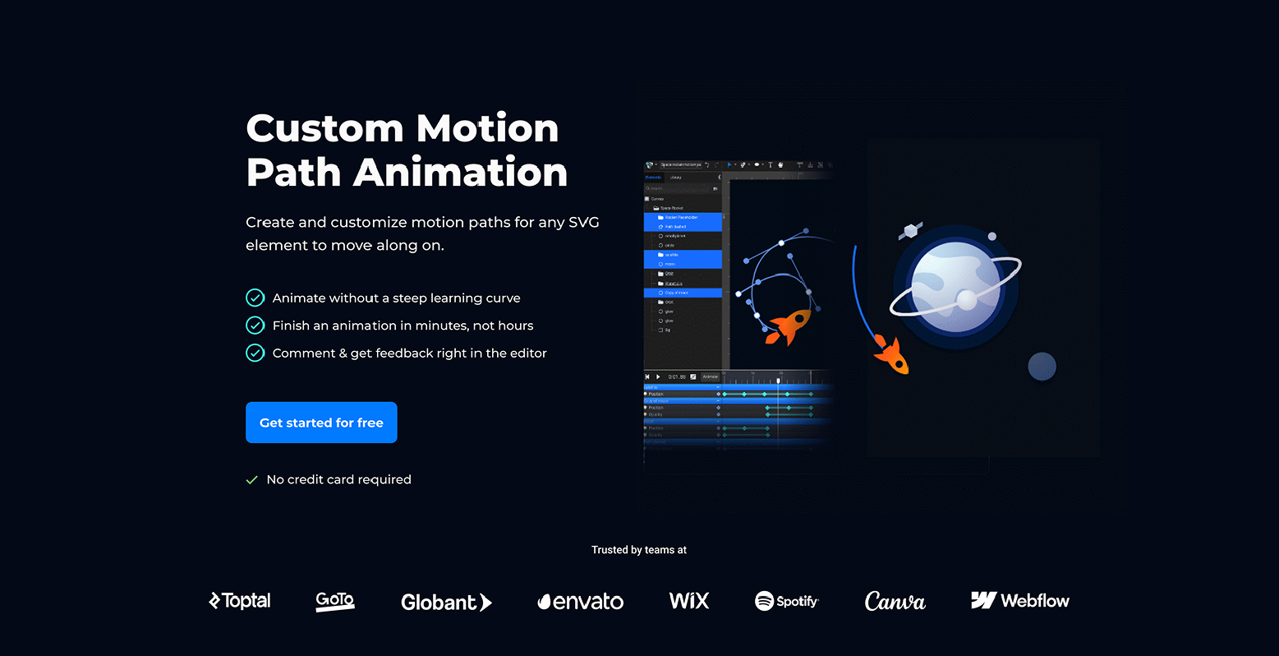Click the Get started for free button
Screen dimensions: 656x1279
coord(321,423)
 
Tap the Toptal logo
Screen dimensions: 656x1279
coord(240,601)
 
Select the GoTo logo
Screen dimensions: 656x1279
coord(335,601)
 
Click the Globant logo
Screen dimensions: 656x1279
coord(446,603)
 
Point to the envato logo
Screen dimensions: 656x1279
coord(581,602)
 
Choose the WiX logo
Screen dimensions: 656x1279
coord(689,601)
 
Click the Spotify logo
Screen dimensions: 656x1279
coord(787,601)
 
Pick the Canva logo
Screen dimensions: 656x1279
coord(895,602)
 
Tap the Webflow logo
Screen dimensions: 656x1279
coord(1020,601)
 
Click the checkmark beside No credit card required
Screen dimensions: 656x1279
coord(252,480)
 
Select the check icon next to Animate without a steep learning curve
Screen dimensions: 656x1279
coord(255,298)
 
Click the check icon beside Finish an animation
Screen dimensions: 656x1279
coord(255,326)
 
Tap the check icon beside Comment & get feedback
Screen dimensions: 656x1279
coord(255,353)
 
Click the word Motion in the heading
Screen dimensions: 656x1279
coord(487,128)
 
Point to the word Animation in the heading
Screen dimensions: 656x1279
coord(461,173)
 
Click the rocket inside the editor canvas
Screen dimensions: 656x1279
coord(789,326)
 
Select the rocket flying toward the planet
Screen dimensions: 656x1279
coord(892,355)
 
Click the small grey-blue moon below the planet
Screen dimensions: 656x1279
coord(1042,367)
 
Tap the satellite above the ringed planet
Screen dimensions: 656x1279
coord(910,231)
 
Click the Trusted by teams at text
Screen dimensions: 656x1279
coord(639,550)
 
